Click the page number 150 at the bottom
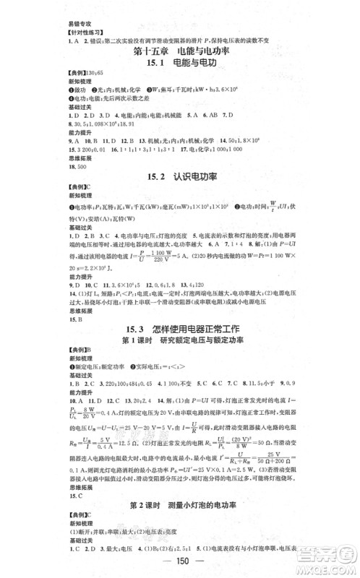(x=180, y=563)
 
